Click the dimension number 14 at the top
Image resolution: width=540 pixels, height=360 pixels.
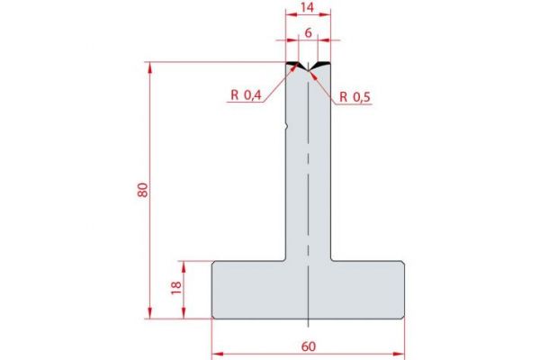pyautogui.click(x=308, y=10)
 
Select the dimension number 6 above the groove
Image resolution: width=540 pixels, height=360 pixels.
pyautogui.click(x=308, y=32)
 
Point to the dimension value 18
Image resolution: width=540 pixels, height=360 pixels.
pyautogui.click(x=176, y=289)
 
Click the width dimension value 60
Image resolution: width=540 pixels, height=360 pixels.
pyautogui.click(x=308, y=345)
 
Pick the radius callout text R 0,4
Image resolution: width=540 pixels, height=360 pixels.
pyautogui.click(x=246, y=96)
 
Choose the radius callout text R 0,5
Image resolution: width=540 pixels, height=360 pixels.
pyautogui.click(x=356, y=96)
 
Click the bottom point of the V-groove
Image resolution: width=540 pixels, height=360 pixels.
pyautogui.click(x=308, y=72)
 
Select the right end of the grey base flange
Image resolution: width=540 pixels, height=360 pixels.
pyautogui.click(x=401, y=289)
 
